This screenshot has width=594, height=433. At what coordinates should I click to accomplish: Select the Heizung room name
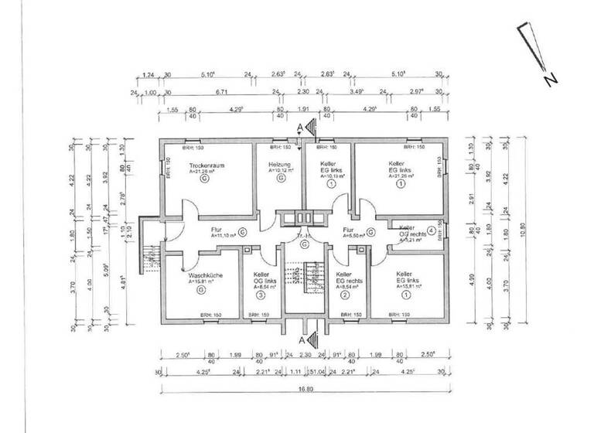point(278,165)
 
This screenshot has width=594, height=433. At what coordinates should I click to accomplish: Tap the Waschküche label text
point(200,274)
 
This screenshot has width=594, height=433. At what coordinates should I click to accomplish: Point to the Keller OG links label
point(261,279)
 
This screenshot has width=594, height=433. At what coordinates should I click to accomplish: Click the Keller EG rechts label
point(345,279)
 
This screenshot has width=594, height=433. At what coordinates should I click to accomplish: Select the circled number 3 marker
point(261,295)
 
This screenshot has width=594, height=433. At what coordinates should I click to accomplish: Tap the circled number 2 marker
point(345,295)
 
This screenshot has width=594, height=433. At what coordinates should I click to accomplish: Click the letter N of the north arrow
point(548,79)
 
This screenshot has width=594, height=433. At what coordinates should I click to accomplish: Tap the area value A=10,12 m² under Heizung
point(278,172)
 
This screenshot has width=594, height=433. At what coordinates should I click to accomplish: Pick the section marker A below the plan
point(301,339)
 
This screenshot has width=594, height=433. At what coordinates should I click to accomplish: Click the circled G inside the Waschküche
point(200,291)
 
